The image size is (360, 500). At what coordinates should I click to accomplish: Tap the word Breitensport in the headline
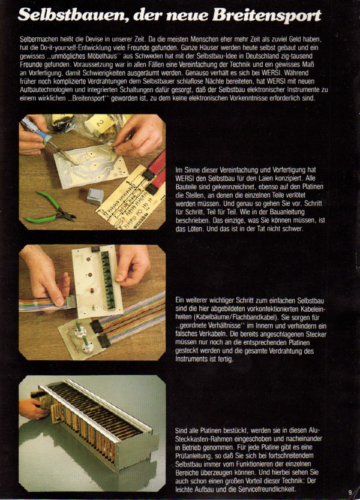(267, 16)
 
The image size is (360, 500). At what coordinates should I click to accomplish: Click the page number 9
(350, 492)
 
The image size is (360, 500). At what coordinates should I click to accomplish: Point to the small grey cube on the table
(95, 196)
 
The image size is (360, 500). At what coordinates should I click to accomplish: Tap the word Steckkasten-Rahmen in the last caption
(204, 438)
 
